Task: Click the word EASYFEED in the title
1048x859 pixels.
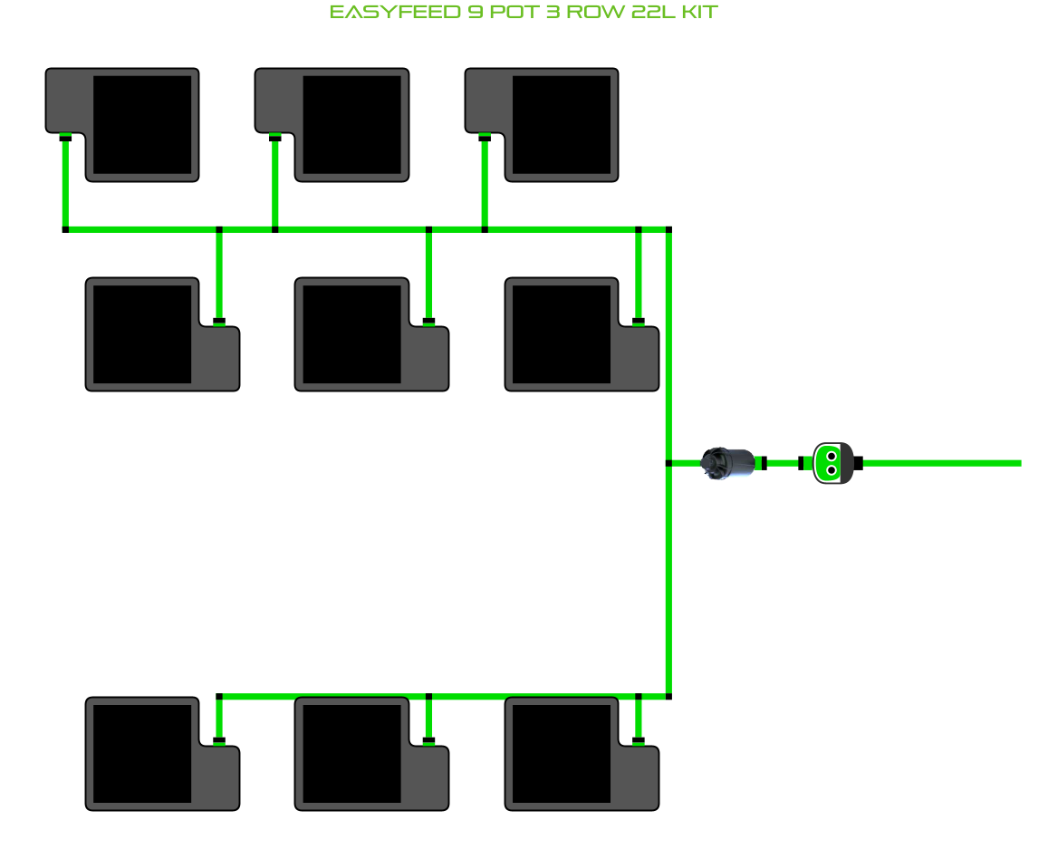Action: (x=395, y=12)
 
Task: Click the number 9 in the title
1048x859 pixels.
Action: (x=476, y=12)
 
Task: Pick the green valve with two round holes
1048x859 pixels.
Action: (x=832, y=463)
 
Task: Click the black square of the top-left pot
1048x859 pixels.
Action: (x=142, y=124)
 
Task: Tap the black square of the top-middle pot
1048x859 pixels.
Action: (x=352, y=124)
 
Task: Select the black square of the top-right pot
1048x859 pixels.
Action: (x=562, y=124)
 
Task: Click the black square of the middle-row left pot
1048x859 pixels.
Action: (x=142, y=334)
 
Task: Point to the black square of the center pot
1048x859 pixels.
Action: (x=352, y=334)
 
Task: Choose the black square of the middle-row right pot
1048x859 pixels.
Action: (x=562, y=334)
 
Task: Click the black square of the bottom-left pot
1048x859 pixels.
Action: (x=142, y=753)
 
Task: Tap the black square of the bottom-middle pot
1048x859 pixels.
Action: (x=352, y=753)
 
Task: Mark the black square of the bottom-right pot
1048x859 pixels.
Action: (x=562, y=753)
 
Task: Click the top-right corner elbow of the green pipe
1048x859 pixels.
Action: (x=668, y=229)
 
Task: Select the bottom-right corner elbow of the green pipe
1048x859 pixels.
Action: (x=668, y=697)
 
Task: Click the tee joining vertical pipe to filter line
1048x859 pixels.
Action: (x=668, y=463)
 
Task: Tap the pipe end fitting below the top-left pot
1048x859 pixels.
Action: (x=65, y=229)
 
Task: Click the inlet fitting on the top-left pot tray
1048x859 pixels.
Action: (x=65, y=138)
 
